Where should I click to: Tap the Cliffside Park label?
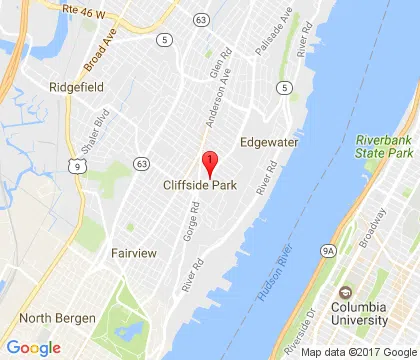pos(200,186)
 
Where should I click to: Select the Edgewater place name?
pos(268,142)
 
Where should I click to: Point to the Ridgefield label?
pos(77,87)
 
